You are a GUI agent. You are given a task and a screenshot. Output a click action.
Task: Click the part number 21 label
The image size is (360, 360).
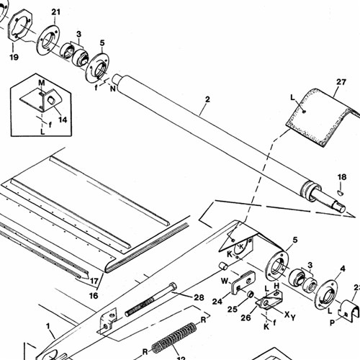pos(55,12)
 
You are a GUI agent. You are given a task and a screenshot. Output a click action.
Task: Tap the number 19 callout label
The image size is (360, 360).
pos(14,57)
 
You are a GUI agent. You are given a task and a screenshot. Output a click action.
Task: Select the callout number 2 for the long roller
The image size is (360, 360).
pos(207,99)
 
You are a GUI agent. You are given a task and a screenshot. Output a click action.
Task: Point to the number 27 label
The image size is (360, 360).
pos(341,82)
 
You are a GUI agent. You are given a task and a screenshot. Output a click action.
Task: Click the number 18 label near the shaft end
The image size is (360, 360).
pos(342,177)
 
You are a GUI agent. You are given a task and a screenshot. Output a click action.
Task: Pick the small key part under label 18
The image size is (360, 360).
pos(341,192)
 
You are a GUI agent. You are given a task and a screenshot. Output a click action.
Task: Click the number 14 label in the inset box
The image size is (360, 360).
pos(63,120)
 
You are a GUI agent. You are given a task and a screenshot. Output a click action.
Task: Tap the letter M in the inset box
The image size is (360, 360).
pos(42,83)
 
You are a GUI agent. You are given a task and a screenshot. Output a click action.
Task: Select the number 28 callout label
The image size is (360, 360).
pos(199,297)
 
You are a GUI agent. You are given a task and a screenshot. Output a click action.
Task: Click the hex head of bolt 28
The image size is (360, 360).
pos(173,287)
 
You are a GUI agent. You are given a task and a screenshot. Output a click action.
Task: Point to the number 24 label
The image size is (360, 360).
pos(217,301)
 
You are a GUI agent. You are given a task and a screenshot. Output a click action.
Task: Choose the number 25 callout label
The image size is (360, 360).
pos(233,309)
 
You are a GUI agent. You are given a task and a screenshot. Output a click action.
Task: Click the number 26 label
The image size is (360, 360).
pos(246,318)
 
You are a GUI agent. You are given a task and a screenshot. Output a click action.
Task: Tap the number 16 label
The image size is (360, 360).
pos(94,296)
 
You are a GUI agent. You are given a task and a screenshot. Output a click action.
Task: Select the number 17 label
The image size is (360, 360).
pos(94,281)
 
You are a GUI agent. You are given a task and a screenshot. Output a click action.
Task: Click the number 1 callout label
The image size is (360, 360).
pos(48,326)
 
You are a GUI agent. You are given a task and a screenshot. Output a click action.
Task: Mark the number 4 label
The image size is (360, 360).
pos(343,269)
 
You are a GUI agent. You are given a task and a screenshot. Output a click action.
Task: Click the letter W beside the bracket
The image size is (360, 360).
pos(225,281)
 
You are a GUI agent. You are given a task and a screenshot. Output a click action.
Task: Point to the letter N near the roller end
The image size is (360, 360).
pos(113,89)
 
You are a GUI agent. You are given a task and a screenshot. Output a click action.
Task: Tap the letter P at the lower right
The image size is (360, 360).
pos(332,323)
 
